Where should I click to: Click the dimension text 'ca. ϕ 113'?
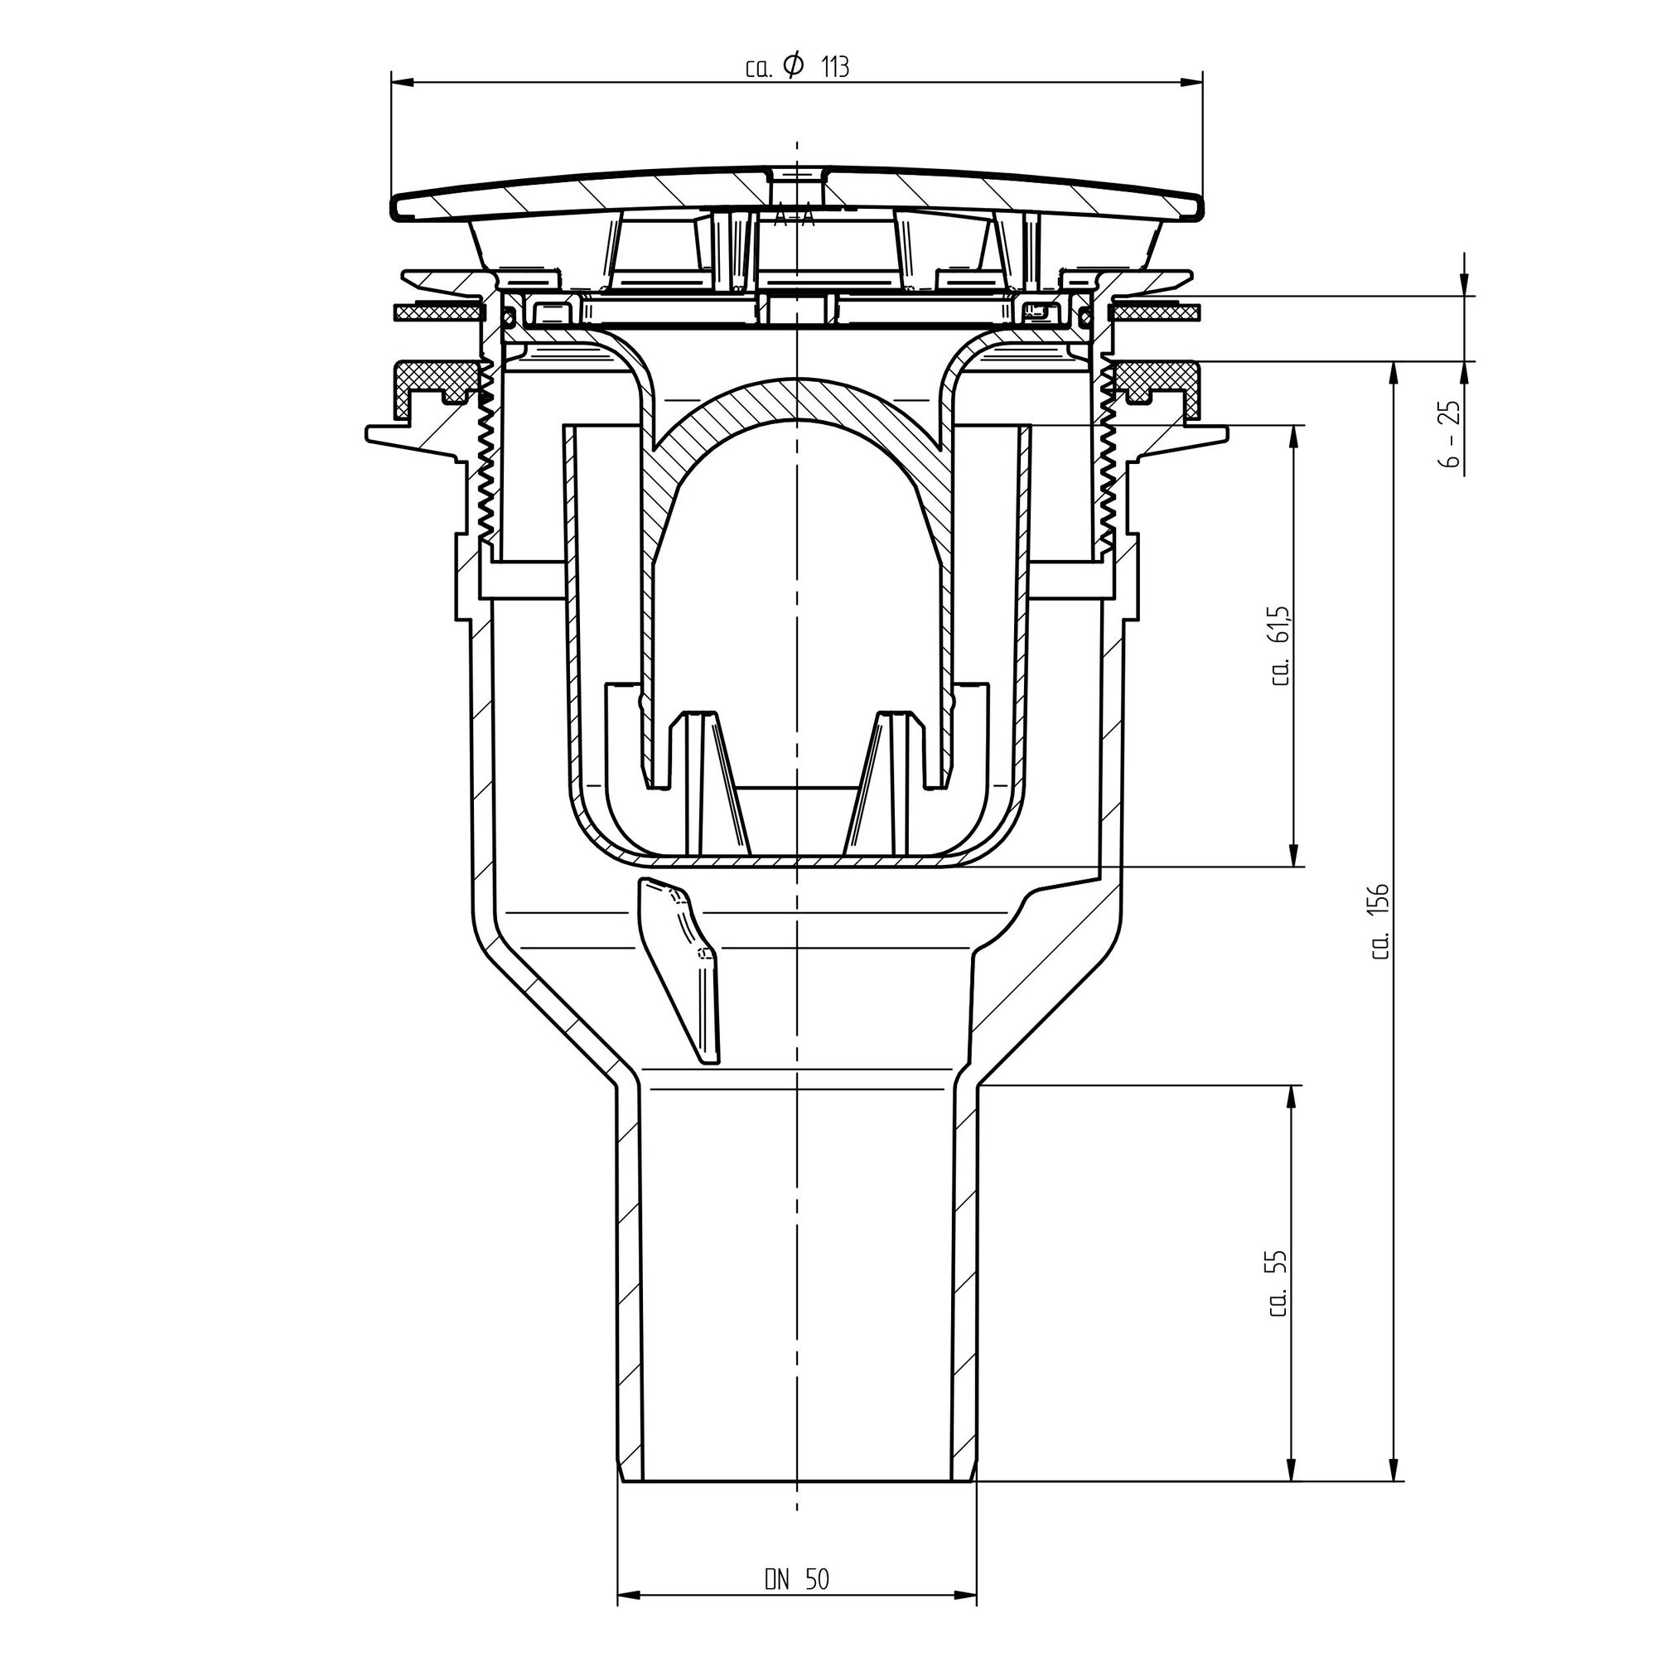[797, 68]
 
